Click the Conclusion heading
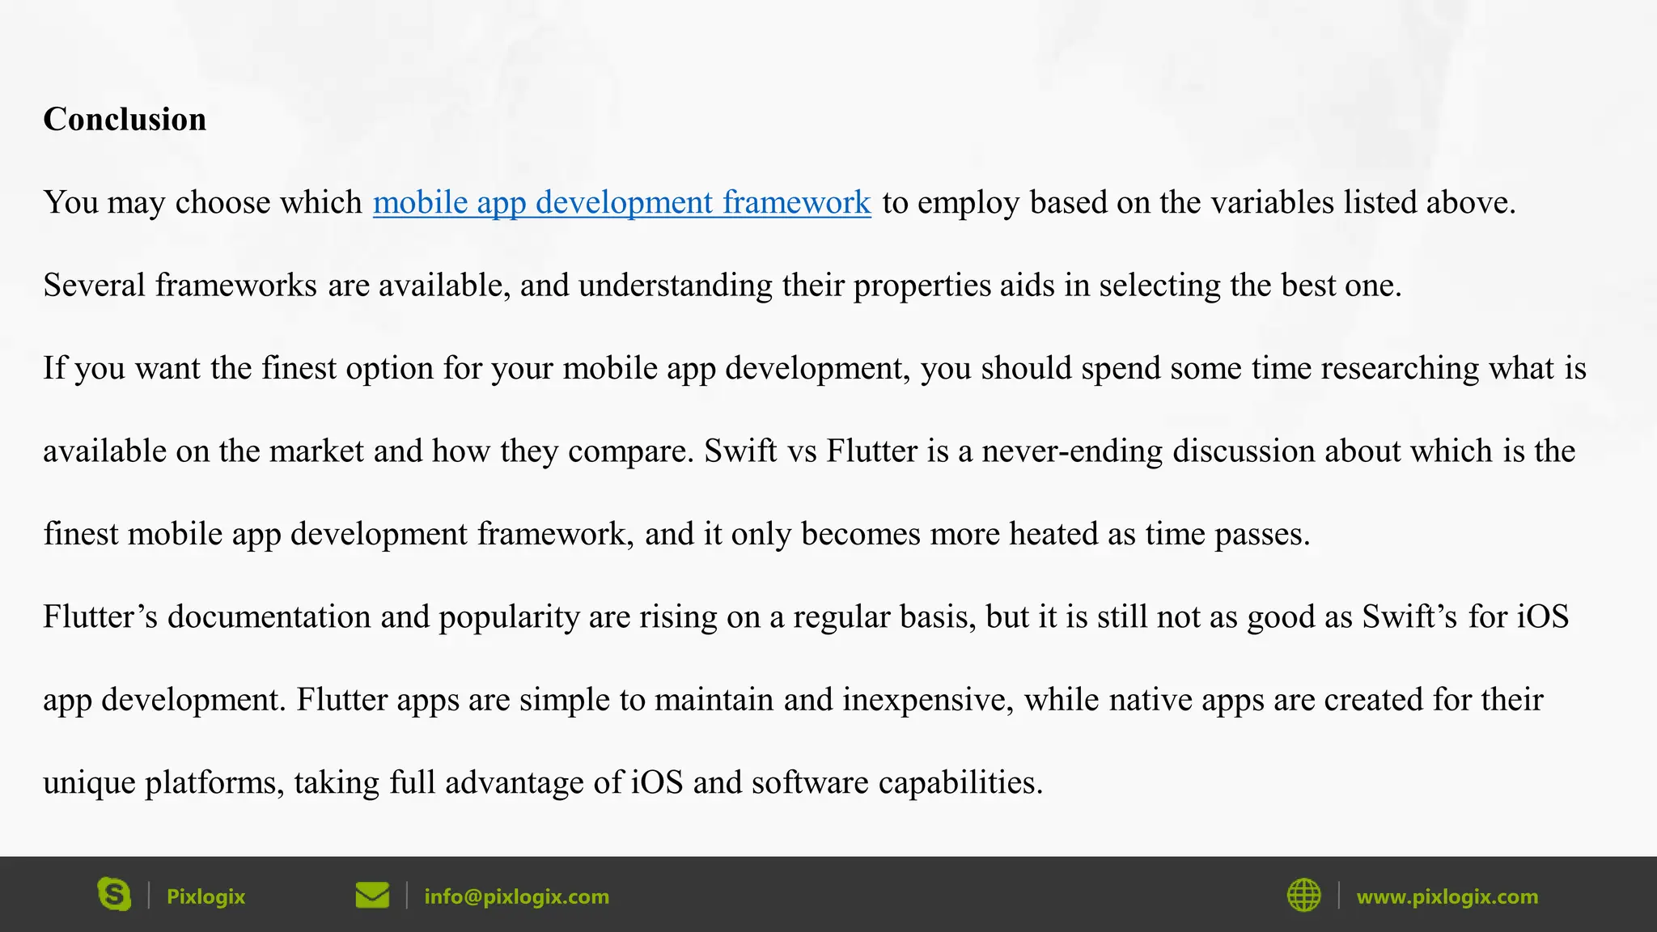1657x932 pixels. tap(125, 120)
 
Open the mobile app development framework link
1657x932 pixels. tap(621, 203)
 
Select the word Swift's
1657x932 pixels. tap(1410, 616)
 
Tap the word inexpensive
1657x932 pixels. tap(928, 700)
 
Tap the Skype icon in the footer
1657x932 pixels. tap(114, 895)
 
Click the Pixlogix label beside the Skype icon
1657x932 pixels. tap(206, 896)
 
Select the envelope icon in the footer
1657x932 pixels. tap(372, 896)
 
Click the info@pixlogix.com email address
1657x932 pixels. tap(516, 896)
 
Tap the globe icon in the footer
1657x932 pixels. tap(1303, 896)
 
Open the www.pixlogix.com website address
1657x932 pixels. tap(1447, 896)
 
